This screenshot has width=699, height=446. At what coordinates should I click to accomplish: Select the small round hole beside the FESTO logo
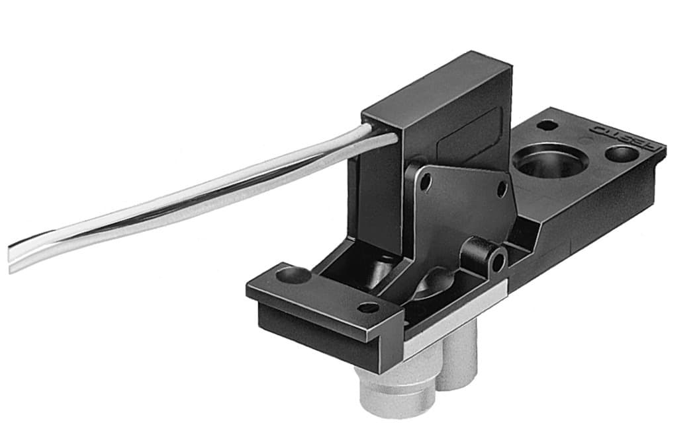coord(621,155)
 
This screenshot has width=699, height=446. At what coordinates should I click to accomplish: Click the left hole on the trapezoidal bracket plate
coord(426,180)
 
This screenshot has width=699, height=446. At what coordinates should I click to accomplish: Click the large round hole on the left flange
coord(292,274)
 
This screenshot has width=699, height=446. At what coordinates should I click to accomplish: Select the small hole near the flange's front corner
coord(368,308)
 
